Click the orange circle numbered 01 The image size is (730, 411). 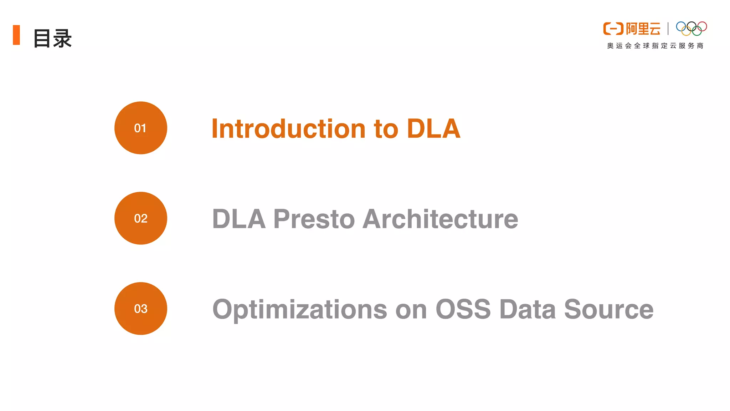tap(140, 128)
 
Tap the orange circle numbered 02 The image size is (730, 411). tap(140, 218)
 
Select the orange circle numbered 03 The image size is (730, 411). tap(140, 309)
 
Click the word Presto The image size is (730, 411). tap(314, 219)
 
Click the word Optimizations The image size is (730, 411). tap(300, 310)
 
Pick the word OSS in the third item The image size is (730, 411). tap(463, 309)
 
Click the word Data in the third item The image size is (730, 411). tap(528, 309)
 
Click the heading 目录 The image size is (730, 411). tap(52, 38)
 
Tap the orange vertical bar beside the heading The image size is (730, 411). tap(16, 35)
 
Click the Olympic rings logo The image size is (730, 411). tap(692, 29)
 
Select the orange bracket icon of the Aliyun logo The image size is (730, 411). tap(613, 29)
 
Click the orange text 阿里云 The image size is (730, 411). tap(643, 29)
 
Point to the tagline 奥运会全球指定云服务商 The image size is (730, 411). tap(655, 46)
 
